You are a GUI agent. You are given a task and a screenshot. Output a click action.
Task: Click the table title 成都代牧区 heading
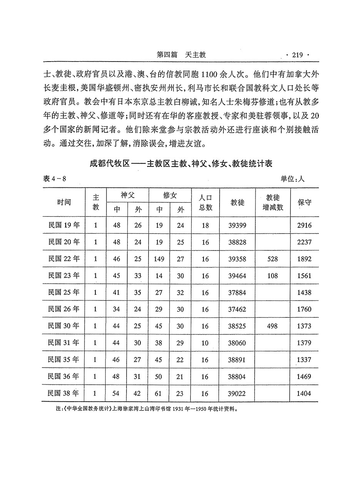tap(181, 164)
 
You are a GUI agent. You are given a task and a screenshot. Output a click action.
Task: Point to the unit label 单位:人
tap(292, 179)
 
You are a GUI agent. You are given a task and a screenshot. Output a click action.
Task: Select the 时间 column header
tap(64, 202)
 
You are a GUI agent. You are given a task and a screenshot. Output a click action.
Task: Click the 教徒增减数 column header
tap(272, 202)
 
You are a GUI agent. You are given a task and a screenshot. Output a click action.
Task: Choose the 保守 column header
tap(304, 202)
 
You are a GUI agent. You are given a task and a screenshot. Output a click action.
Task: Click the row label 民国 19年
tap(64, 225)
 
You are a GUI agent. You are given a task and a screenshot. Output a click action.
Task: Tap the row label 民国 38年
tap(64, 393)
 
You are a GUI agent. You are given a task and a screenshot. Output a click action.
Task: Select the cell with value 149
tap(158, 259)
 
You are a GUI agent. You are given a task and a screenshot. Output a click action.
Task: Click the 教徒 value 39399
tap(237, 225)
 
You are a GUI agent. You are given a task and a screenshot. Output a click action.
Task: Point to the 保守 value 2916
tap(304, 225)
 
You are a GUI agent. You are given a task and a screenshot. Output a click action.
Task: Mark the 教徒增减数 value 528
tap(272, 259)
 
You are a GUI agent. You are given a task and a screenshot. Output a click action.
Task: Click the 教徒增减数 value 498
tap(272, 326)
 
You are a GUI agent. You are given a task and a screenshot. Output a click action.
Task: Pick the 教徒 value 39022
tap(237, 394)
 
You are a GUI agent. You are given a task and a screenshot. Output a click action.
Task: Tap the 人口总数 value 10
tap(205, 343)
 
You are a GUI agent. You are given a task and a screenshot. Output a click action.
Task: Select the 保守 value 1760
tap(304, 309)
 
